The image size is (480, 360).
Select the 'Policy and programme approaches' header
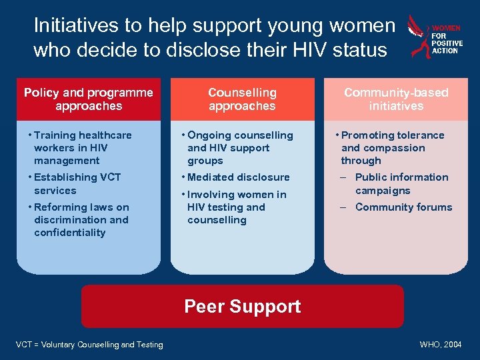point(89,99)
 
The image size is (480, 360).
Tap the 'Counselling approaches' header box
point(242,99)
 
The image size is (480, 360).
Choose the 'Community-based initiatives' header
point(396,99)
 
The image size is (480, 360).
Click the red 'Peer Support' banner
point(242,307)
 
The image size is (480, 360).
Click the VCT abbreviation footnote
point(89,345)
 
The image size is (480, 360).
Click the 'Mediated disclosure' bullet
point(238,177)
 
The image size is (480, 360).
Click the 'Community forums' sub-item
point(403,207)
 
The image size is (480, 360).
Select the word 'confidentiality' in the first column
point(70,233)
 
